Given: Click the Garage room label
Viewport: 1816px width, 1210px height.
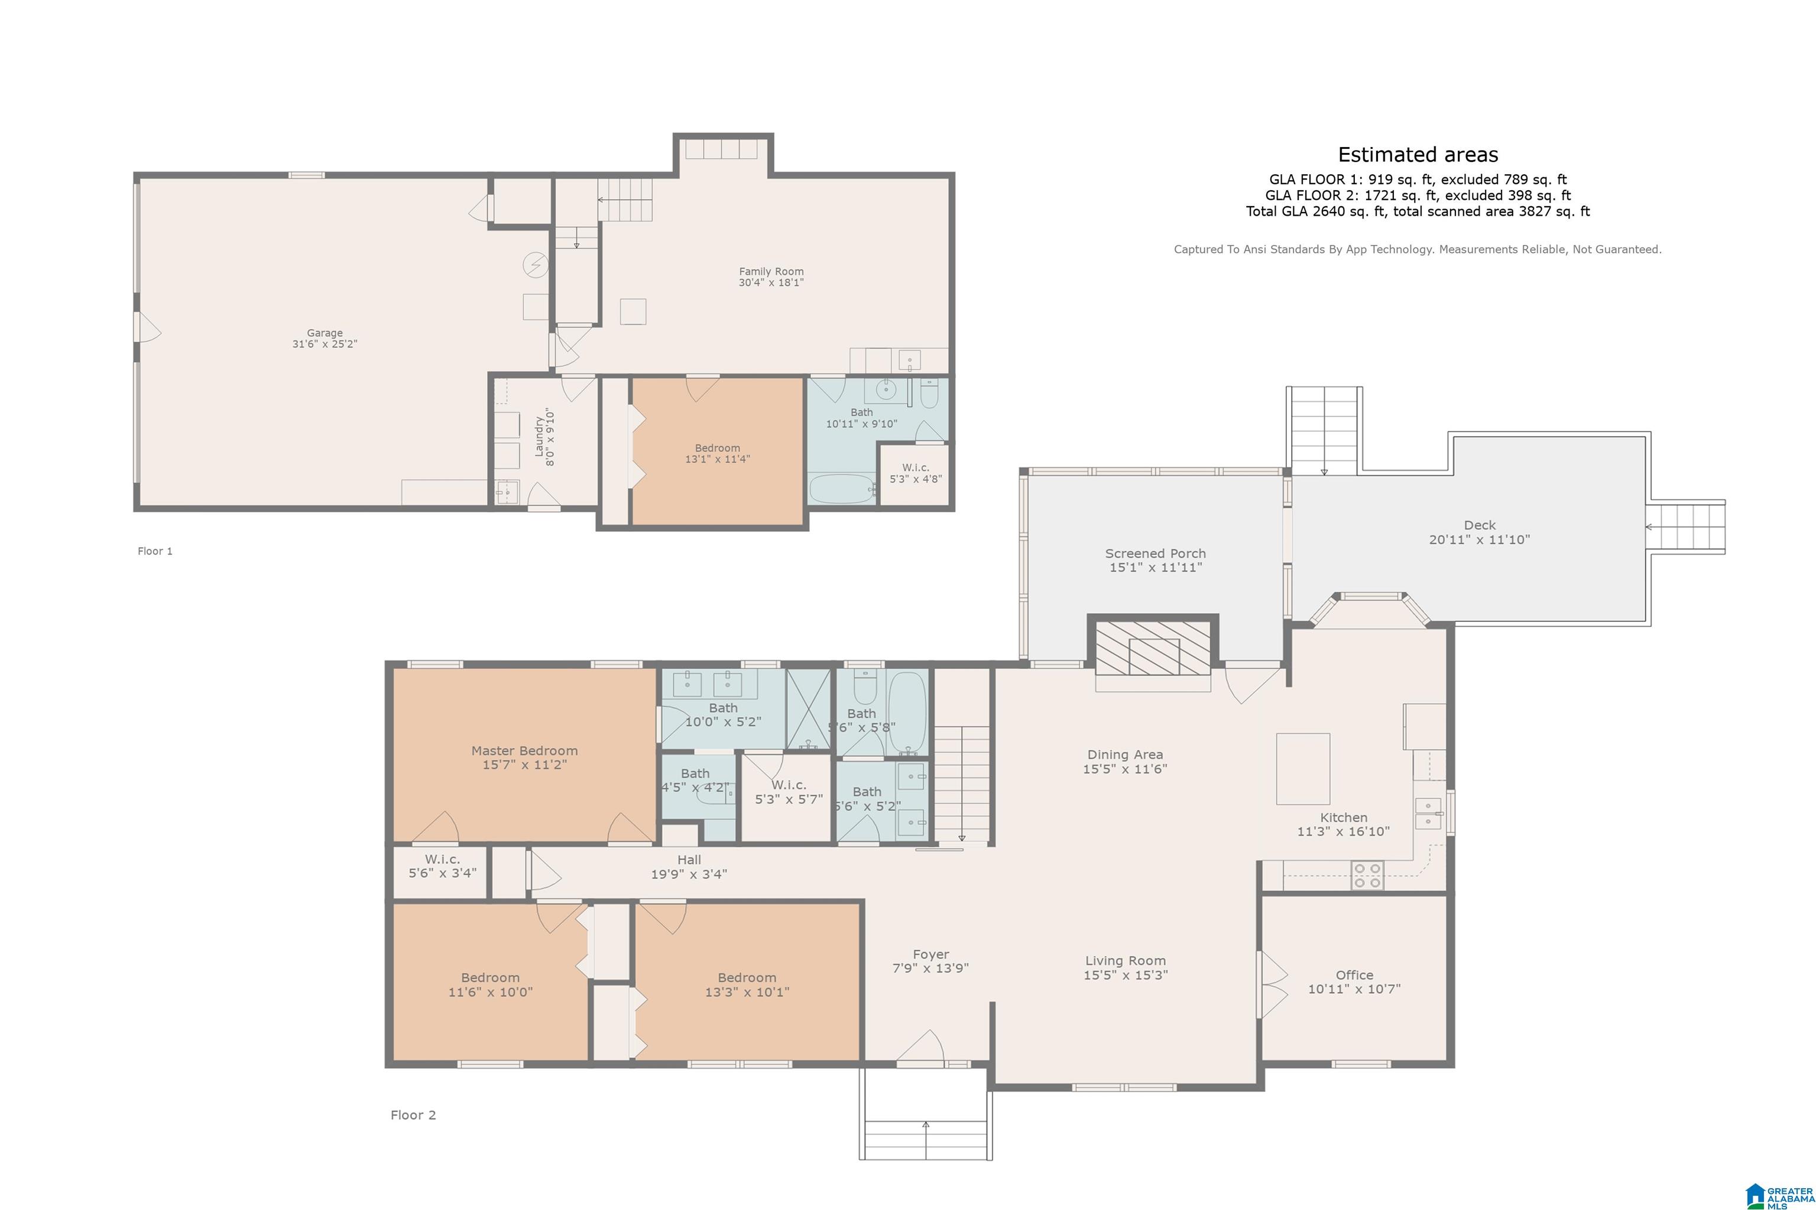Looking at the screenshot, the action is pos(325,333).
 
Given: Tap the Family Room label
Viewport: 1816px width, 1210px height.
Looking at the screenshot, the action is pos(771,272).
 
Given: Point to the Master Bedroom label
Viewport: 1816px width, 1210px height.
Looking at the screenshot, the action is pos(524,751).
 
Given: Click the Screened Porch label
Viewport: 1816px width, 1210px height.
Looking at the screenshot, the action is pos(1155,553).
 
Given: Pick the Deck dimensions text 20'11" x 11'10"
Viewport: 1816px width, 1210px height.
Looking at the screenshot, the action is pos(1480,539).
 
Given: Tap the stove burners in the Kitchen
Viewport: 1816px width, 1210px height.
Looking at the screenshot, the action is pos(1367,876).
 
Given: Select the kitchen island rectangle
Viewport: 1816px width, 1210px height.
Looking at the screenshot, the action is pos(1303,769).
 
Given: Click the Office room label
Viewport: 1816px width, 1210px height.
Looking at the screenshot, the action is pos(1354,975).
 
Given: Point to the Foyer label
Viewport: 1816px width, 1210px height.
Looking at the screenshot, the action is pos(930,955).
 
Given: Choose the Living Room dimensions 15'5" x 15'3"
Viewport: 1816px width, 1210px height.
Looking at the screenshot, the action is pos(1125,975).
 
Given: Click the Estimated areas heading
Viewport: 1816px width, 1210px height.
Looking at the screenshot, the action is pos(1418,155).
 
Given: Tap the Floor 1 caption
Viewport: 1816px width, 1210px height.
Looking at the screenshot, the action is pos(155,551).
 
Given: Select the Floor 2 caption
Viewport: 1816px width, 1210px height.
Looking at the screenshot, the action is pos(413,1115).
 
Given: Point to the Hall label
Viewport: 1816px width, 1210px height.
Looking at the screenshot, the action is pos(689,860).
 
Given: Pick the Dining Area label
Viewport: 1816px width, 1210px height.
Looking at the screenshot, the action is pos(1125,754).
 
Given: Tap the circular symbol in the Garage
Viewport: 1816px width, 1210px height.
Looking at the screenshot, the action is pos(535,265).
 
